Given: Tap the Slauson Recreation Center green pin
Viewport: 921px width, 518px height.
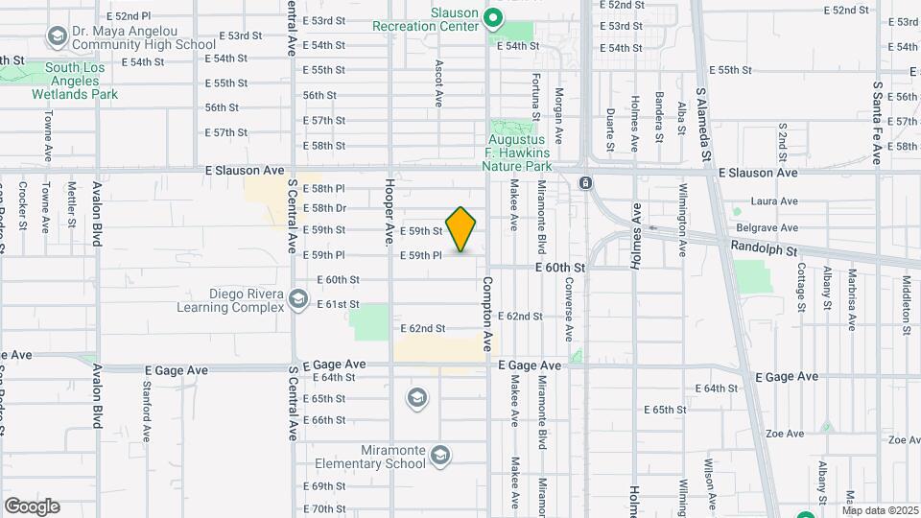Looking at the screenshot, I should [x=493, y=17].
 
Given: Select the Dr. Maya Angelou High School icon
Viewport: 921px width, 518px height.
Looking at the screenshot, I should [x=57, y=37].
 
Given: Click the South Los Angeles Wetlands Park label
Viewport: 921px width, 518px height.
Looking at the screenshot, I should [x=75, y=82].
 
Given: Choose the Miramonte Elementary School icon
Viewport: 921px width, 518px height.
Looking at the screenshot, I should [x=440, y=454].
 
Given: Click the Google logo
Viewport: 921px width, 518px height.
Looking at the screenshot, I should [x=32, y=506].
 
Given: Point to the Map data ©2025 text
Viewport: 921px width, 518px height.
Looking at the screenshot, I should [x=880, y=510].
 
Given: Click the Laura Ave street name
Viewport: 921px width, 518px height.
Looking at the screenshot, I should [x=775, y=201].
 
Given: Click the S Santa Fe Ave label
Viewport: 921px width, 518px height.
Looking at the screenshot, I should [x=877, y=122].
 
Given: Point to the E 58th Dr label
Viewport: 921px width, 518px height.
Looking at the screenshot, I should [x=324, y=208].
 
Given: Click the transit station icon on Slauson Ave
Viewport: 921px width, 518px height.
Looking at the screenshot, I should [x=584, y=182].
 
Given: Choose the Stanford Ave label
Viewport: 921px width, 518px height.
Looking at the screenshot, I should [x=147, y=412].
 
